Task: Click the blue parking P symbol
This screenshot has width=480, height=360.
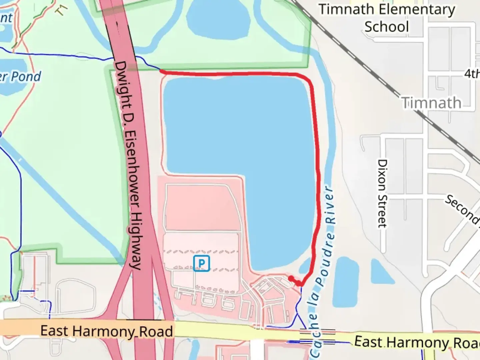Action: tap(201, 263)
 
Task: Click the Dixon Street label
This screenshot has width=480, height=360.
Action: tap(382, 193)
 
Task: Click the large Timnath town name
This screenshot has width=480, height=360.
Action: tap(431, 103)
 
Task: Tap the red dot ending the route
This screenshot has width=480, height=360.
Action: tap(291, 278)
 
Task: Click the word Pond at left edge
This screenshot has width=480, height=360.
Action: tap(26, 77)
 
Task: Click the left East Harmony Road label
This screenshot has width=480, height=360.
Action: tap(107, 331)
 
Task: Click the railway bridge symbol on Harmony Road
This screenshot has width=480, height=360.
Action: tap(318, 336)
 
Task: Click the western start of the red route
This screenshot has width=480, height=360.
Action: tap(162, 71)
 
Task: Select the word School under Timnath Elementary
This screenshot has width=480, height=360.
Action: tap(387, 27)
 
